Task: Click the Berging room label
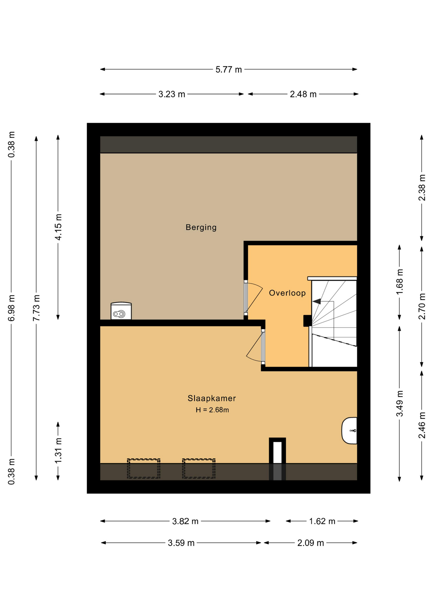pyautogui.click(x=201, y=227)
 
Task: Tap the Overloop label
pyautogui.click(x=287, y=293)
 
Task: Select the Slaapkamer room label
pyautogui.click(x=212, y=398)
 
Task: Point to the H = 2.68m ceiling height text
pyautogui.click(x=212, y=410)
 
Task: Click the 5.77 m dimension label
pyautogui.click(x=229, y=69)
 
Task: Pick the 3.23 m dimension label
pyautogui.click(x=172, y=94)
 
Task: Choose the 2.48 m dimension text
pyautogui.click(x=303, y=94)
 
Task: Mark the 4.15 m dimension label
pyautogui.click(x=58, y=227)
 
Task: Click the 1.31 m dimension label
pyautogui.click(x=58, y=451)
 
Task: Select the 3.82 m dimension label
pyautogui.click(x=185, y=521)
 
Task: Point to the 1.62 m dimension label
pyautogui.click(x=322, y=521)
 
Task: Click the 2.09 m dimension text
pyautogui.click(x=311, y=543)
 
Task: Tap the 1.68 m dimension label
pyautogui.click(x=400, y=282)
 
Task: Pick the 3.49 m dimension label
pyautogui.click(x=400, y=404)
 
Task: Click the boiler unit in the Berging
pyautogui.click(x=121, y=311)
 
